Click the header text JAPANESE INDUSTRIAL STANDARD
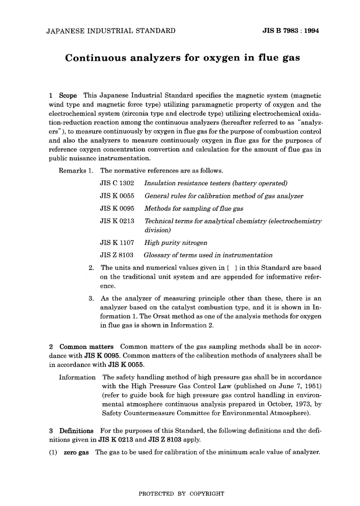[111, 31]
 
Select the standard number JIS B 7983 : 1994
[291, 31]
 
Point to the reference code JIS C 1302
[117, 183]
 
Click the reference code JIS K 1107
[117, 243]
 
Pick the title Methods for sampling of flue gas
[194, 209]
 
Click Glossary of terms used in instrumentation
[208, 255]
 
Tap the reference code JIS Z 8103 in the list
[116, 255]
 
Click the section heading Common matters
[86, 347]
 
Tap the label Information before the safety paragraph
[77, 377]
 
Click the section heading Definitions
[76, 431]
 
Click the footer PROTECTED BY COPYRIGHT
[182, 494]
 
